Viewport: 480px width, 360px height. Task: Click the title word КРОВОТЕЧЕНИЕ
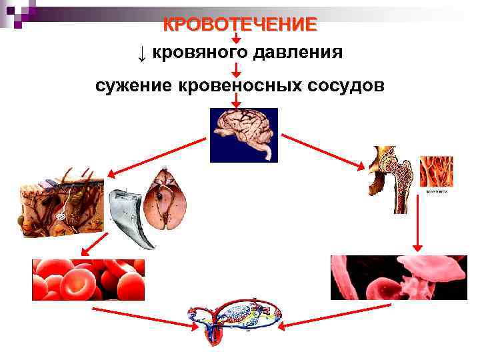pos(241,25)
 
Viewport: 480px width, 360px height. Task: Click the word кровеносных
pos(236,85)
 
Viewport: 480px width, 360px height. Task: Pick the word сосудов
pos(345,85)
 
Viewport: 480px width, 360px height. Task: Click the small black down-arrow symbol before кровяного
pos(141,53)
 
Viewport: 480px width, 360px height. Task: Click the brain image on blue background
pos(243,135)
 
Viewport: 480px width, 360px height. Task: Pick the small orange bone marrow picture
pos(436,173)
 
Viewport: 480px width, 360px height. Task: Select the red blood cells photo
pos(88,279)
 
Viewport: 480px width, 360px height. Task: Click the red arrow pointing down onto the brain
pos(236,101)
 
